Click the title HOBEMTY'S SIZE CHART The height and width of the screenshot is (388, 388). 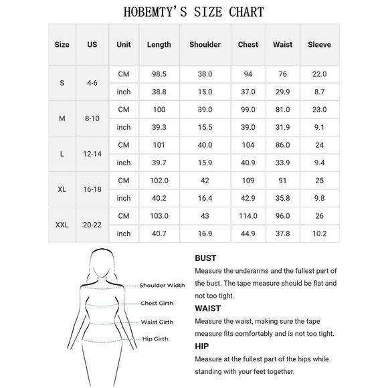[194, 12]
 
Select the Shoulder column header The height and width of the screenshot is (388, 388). [205, 45]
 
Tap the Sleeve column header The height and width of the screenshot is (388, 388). [319, 45]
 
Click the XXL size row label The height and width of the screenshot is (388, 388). [62, 225]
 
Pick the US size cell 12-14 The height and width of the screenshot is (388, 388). [92, 153]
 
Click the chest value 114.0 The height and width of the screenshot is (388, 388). [248, 216]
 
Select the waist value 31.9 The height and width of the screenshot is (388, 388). [282, 127]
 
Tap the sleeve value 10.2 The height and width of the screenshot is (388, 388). [319, 234]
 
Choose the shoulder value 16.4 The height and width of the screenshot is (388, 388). [205, 198]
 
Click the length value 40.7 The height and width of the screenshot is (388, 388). [159, 234]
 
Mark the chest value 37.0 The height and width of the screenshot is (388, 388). [248, 92]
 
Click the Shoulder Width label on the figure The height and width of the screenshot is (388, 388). [162, 285]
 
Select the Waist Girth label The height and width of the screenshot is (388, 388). [157, 322]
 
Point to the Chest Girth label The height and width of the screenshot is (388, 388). [157, 304]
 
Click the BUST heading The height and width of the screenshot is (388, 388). [205, 258]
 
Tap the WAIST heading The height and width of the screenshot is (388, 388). [207, 308]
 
